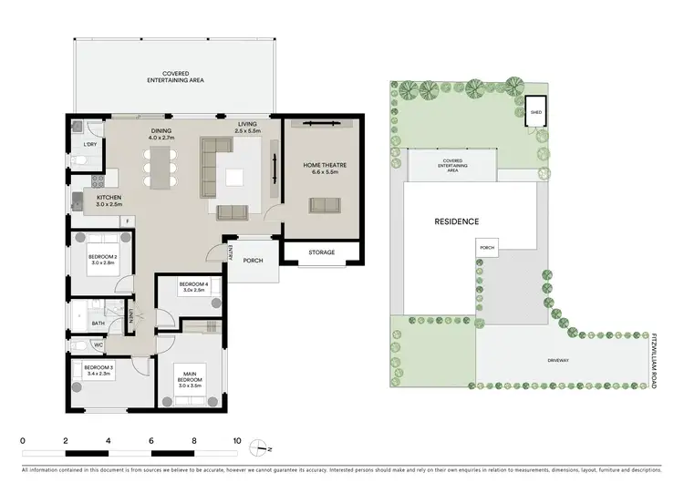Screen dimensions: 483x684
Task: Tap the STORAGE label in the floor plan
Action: click(x=320, y=252)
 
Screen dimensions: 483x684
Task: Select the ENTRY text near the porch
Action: click(x=232, y=252)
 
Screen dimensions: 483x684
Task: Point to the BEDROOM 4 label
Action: click(x=195, y=286)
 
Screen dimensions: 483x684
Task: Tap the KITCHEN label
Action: click(x=109, y=200)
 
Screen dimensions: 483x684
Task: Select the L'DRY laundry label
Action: click(x=89, y=145)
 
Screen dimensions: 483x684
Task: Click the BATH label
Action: click(x=97, y=322)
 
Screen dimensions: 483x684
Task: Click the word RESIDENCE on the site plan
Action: click(x=456, y=221)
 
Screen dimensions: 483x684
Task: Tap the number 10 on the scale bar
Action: click(x=237, y=441)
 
